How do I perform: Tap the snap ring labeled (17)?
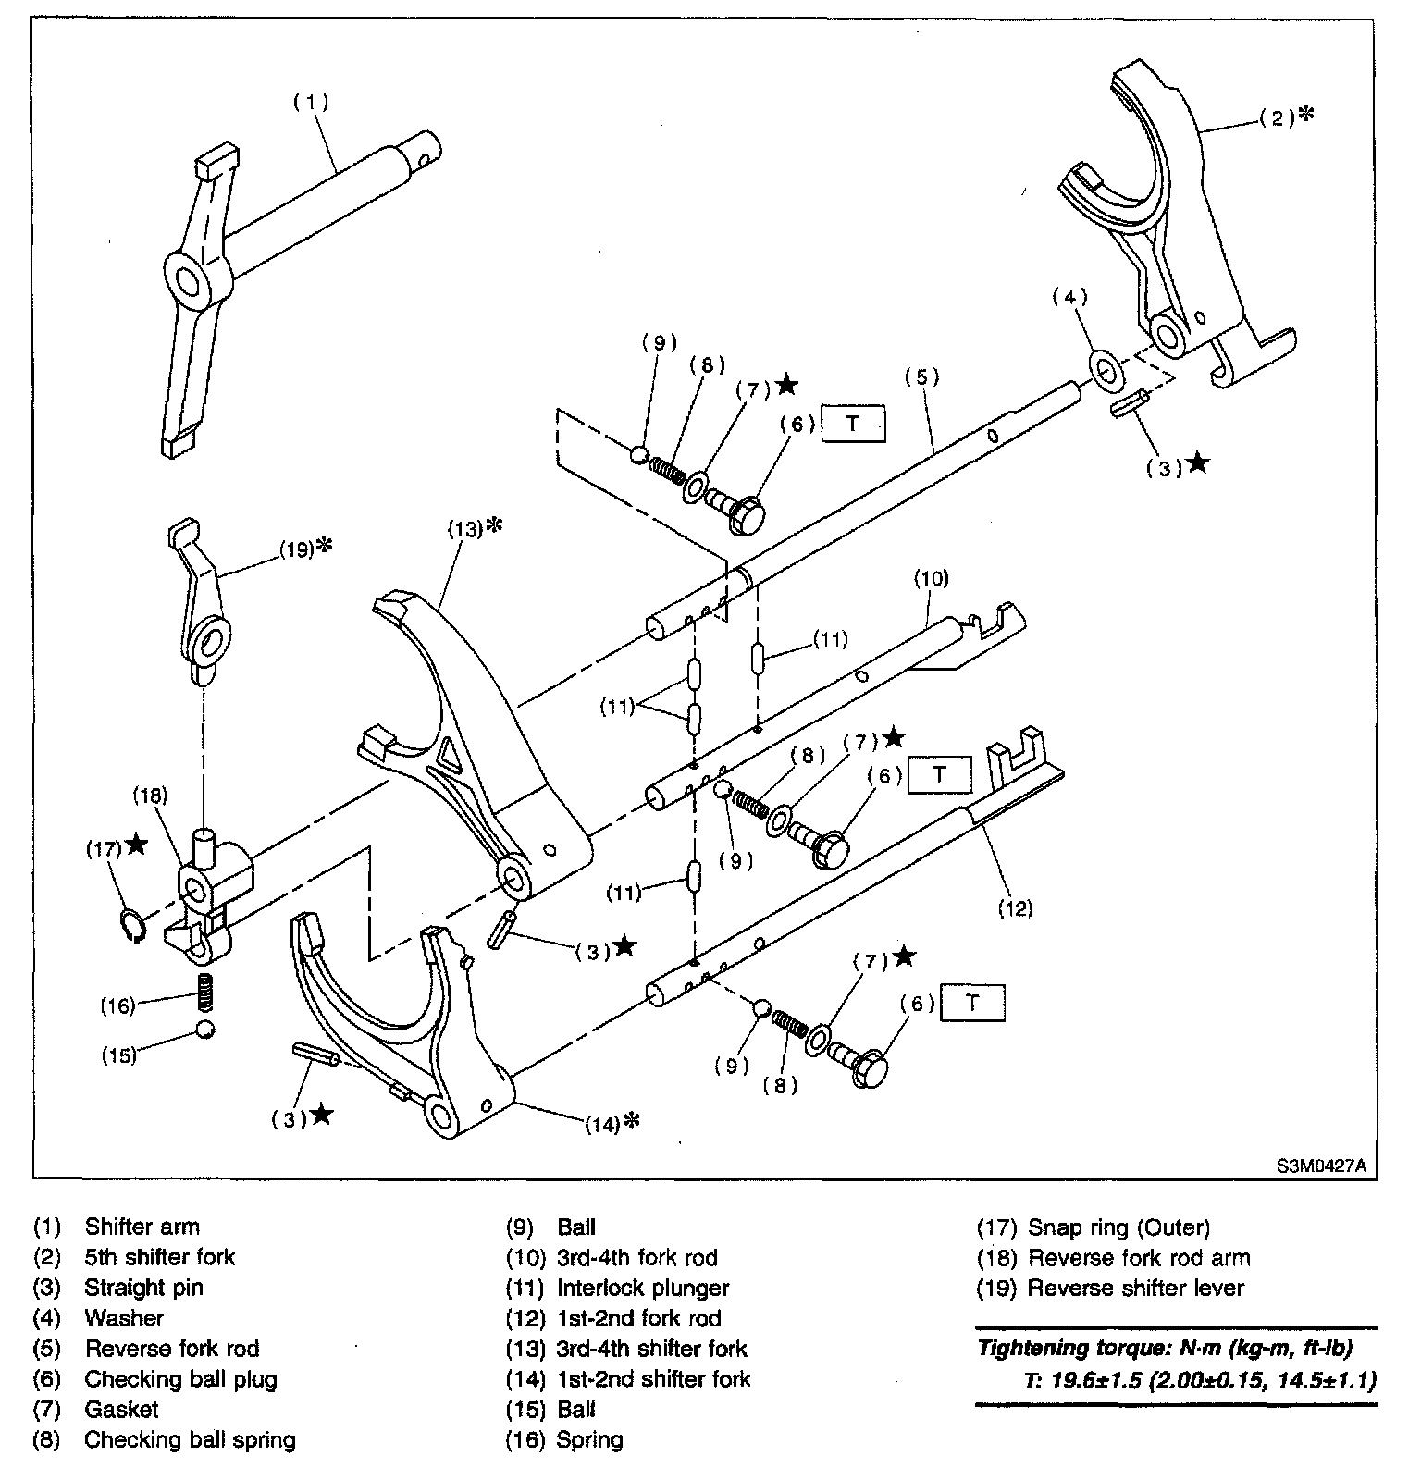(x=132, y=926)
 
